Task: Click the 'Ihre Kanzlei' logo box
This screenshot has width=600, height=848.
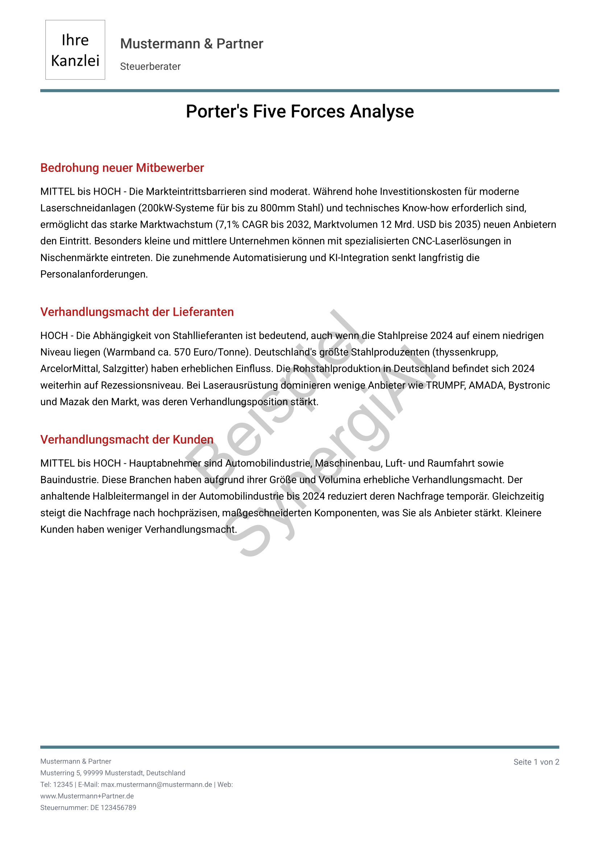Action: [75, 50]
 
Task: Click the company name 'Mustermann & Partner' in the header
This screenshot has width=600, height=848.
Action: [192, 44]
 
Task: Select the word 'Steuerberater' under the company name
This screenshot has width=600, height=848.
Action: [150, 66]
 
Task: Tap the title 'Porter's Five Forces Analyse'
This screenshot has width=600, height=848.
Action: [300, 111]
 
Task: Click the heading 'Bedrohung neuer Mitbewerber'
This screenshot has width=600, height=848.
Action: [122, 168]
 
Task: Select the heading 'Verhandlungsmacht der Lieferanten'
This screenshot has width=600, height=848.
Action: [137, 312]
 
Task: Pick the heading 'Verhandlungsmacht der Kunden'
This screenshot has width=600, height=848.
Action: [127, 439]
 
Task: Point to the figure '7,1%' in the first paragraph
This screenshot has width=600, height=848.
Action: [229, 224]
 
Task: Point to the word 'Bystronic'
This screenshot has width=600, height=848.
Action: [529, 385]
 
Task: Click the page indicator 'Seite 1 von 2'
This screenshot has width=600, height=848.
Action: [536, 762]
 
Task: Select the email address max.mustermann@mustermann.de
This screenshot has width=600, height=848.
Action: [156, 785]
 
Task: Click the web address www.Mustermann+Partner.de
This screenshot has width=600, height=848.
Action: [87, 796]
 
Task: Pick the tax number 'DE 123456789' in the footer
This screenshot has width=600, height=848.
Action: [113, 807]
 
